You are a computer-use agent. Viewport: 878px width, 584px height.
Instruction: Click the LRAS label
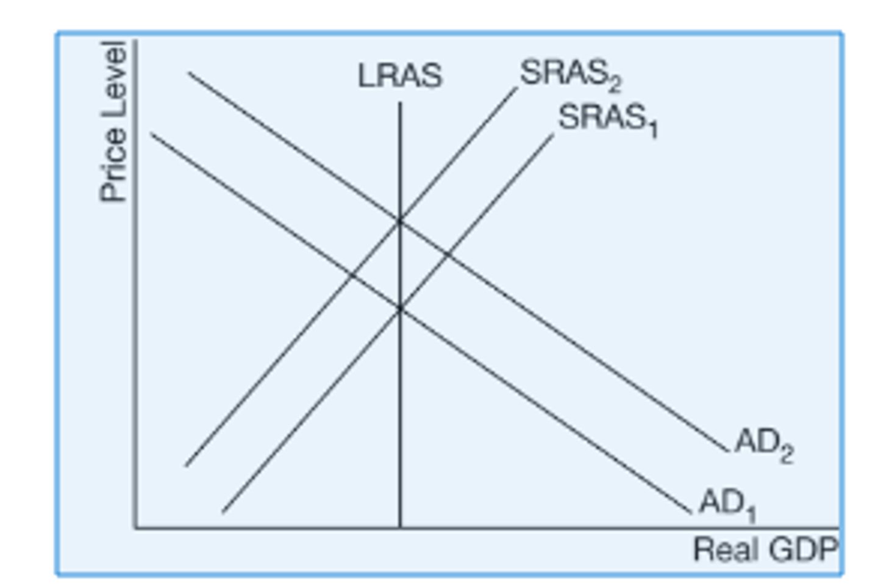399,76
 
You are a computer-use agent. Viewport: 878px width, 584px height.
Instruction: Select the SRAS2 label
570,74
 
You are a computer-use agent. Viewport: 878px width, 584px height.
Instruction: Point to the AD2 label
764,444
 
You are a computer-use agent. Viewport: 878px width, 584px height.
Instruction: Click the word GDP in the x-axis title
803,549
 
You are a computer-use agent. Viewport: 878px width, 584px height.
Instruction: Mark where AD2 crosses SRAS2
400,220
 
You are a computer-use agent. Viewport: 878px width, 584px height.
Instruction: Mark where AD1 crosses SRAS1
400,309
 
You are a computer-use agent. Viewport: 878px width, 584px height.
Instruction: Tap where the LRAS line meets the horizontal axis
400,528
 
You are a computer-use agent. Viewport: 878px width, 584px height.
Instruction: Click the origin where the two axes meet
135,528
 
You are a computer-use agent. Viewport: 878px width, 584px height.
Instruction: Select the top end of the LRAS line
400,102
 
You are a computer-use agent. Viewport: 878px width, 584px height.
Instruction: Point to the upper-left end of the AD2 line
188,73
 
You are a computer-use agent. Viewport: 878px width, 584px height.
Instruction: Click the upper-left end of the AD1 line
151,134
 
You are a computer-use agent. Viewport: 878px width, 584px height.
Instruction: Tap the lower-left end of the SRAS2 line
186,466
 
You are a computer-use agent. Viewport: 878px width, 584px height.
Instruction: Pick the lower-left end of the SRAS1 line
223,512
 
